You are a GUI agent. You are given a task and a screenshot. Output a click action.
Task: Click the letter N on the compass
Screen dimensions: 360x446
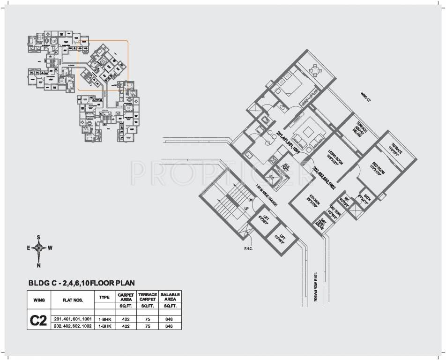[39, 265]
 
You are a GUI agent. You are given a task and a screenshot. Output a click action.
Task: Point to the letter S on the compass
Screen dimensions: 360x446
[39, 237]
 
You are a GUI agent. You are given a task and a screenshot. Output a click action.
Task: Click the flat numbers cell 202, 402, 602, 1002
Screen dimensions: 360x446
[73, 326]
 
